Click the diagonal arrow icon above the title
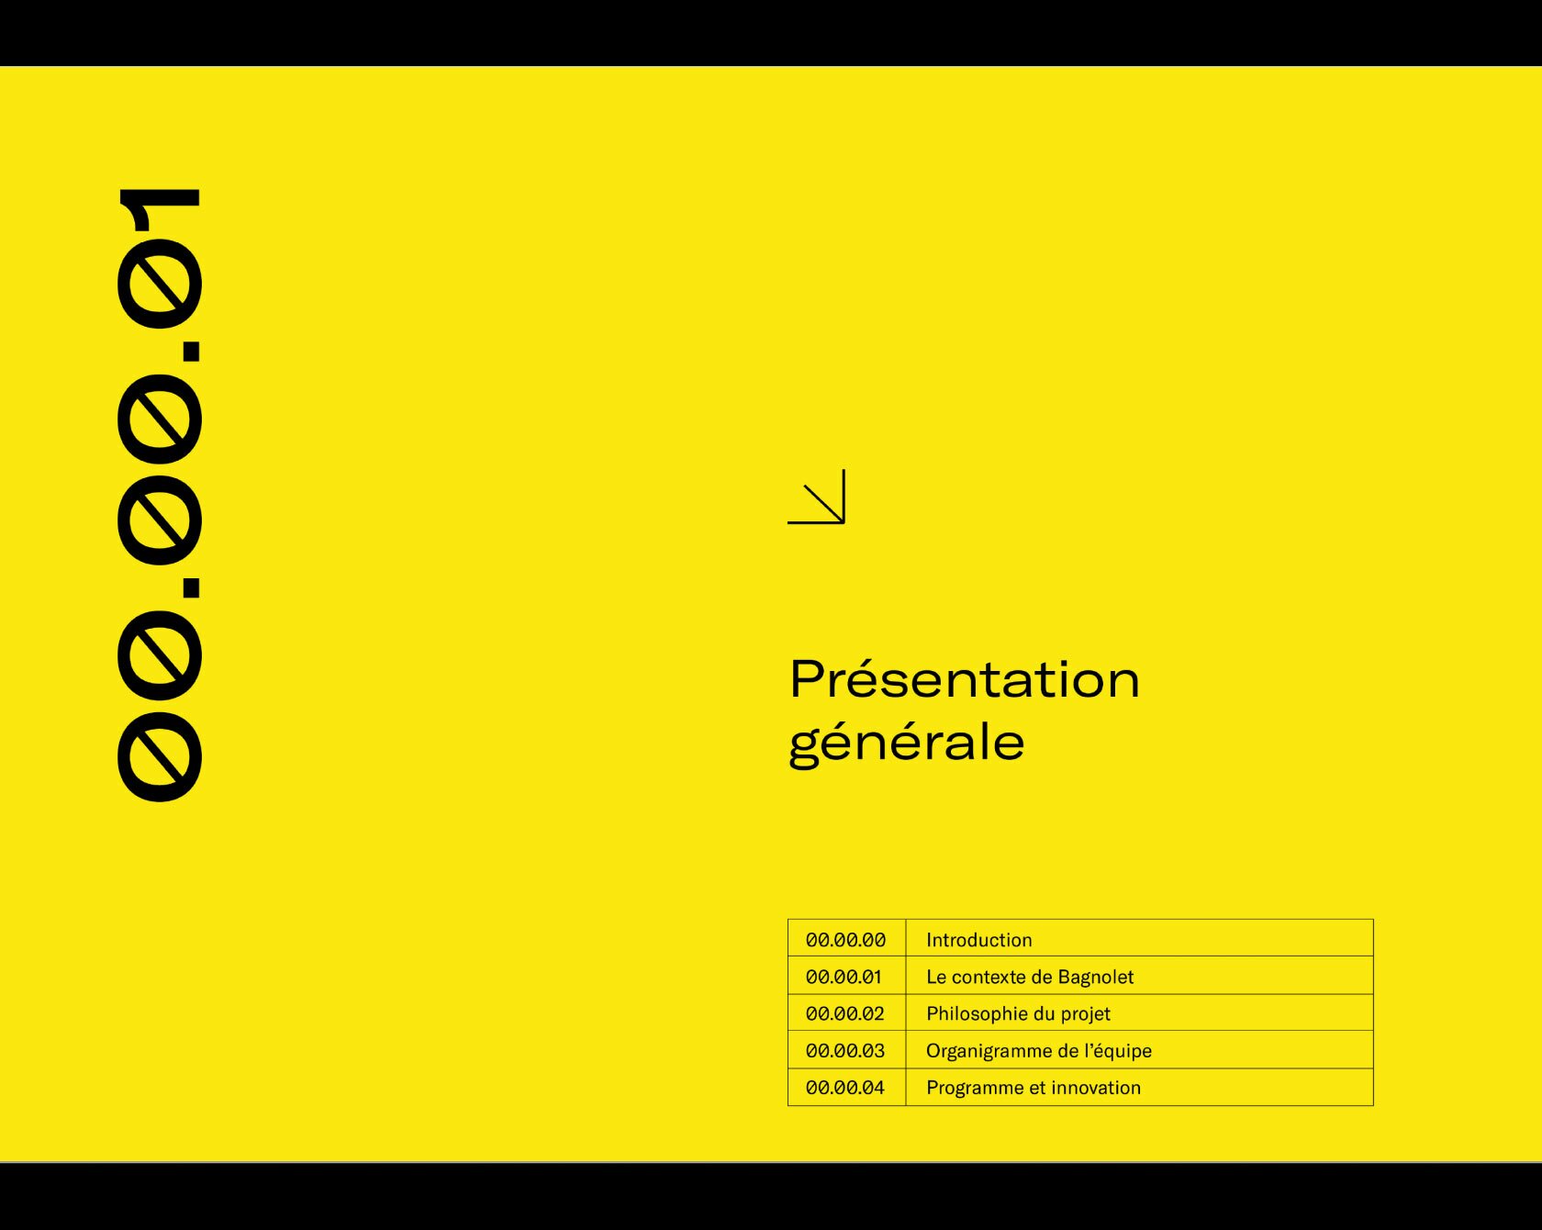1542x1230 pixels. tap(816, 497)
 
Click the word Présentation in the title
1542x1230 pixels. tap(965, 679)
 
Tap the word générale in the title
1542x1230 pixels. tap(907, 744)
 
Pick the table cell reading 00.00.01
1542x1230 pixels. tap(844, 977)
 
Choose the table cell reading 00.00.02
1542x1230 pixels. tap(844, 1013)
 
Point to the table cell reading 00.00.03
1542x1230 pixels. tap(844, 1050)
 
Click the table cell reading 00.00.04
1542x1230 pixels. tap(844, 1088)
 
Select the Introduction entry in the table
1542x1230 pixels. tap(979, 940)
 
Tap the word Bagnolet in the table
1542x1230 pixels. tap(1095, 977)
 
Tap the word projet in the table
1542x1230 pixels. tap(1086, 1013)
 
